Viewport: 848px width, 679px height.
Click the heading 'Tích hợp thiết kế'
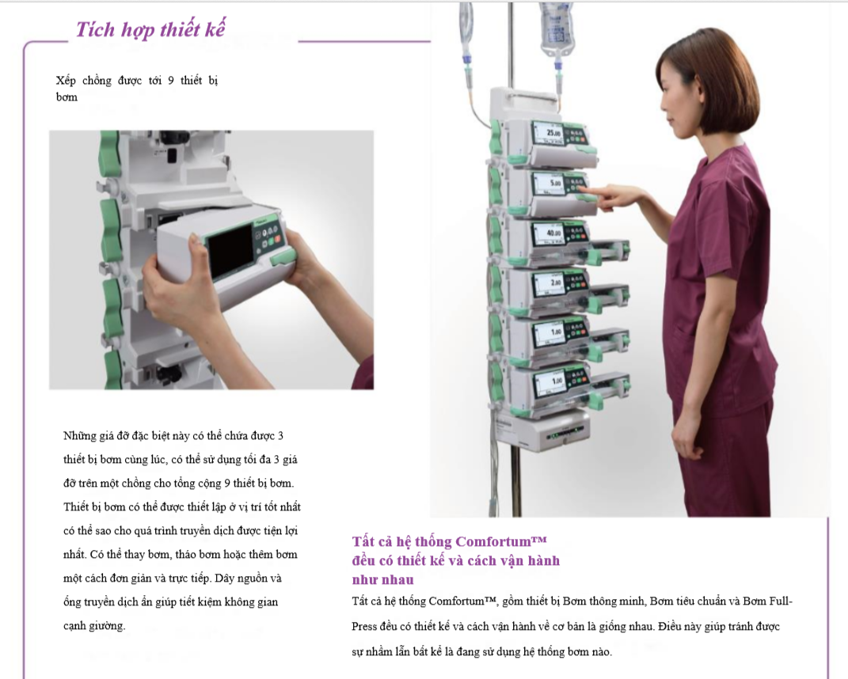pyautogui.click(x=150, y=29)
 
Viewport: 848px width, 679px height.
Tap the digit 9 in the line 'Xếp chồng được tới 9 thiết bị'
pyautogui.click(x=171, y=81)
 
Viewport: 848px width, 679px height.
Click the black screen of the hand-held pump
pyautogui.click(x=230, y=252)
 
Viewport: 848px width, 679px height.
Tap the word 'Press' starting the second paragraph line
pyautogui.click(x=364, y=627)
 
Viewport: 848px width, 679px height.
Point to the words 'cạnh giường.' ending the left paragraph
pyautogui.click(x=94, y=626)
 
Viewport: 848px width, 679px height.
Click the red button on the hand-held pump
pyautogui.click(x=277, y=239)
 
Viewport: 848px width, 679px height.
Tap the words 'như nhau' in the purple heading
pyautogui.click(x=383, y=580)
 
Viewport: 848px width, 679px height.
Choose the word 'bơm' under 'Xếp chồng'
pyautogui.click(x=67, y=97)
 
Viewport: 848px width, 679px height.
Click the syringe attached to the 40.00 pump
pyautogui.click(x=610, y=251)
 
